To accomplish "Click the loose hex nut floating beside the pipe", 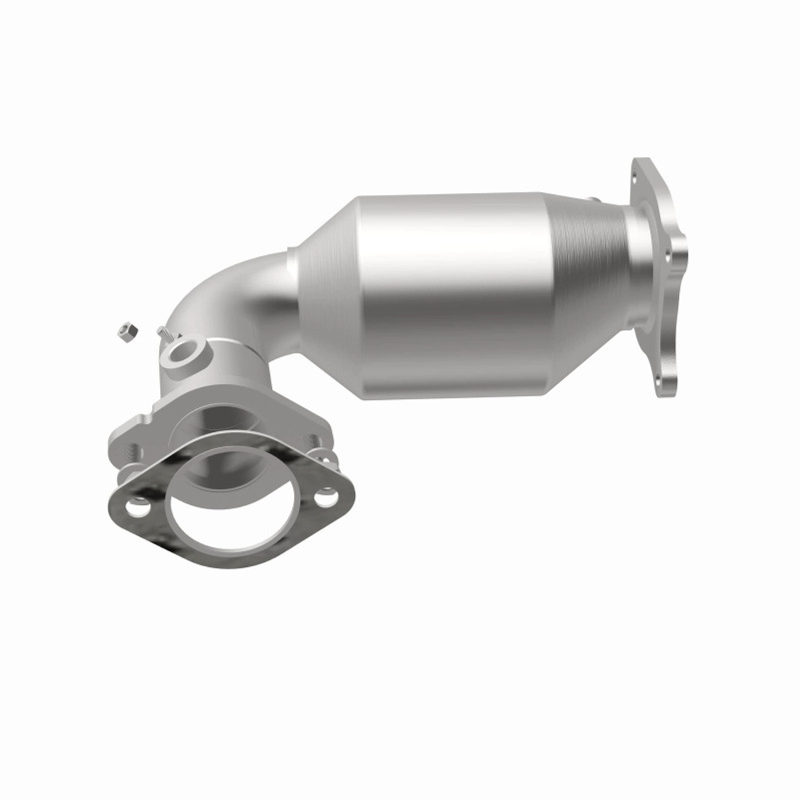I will click(127, 331).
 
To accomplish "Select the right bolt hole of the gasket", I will click(323, 497).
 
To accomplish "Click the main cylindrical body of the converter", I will click(450, 294).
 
